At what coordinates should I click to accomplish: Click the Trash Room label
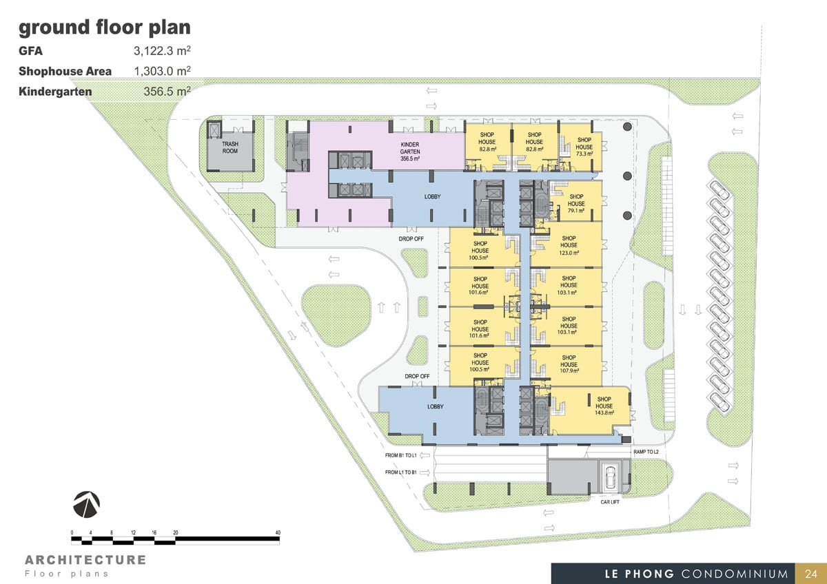click(x=230, y=147)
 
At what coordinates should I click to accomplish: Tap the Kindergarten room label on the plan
click(x=410, y=152)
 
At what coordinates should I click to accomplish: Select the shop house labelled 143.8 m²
click(x=604, y=406)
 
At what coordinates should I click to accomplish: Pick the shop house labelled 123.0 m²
click(x=569, y=245)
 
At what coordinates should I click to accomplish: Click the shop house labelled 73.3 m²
click(x=584, y=147)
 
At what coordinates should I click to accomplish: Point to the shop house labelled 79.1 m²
click(x=576, y=204)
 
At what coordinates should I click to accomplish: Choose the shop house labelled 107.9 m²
click(x=569, y=364)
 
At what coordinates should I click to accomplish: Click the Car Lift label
click(x=610, y=502)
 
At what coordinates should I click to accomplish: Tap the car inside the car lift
click(x=610, y=477)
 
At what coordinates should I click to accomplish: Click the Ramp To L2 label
click(x=646, y=452)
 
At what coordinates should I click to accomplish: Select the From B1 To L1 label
click(x=400, y=456)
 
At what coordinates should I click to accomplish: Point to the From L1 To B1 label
click(x=400, y=472)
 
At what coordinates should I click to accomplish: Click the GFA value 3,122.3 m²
click(x=162, y=50)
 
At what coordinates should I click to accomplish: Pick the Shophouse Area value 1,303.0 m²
click(x=162, y=71)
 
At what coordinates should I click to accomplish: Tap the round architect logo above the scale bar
click(x=86, y=504)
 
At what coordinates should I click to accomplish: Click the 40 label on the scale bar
click(x=278, y=532)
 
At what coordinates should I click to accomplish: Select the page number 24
click(x=810, y=574)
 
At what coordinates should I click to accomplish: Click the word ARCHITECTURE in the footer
click(x=85, y=560)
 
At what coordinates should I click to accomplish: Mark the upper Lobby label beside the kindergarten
click(x=432, y=197)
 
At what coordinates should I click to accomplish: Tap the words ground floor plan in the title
click(x=105, y=28)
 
